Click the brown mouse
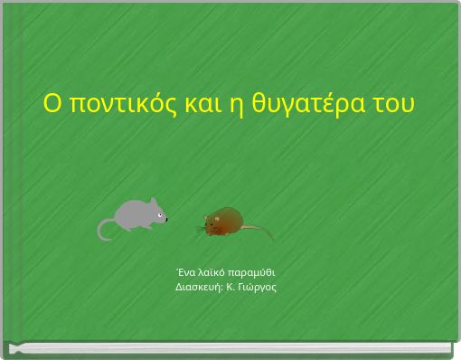point(224,221)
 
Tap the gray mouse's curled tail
point(105,231)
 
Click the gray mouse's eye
point(156,213)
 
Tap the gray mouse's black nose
point(166,218)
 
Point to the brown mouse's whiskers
point(201,230)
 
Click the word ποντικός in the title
point(117,104)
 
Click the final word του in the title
point(395,104)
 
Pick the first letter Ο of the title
point(52,104)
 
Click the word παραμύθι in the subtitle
point(253,271)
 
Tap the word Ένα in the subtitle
point(185,271)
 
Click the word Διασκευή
point(196,287)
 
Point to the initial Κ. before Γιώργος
point(230,287)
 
